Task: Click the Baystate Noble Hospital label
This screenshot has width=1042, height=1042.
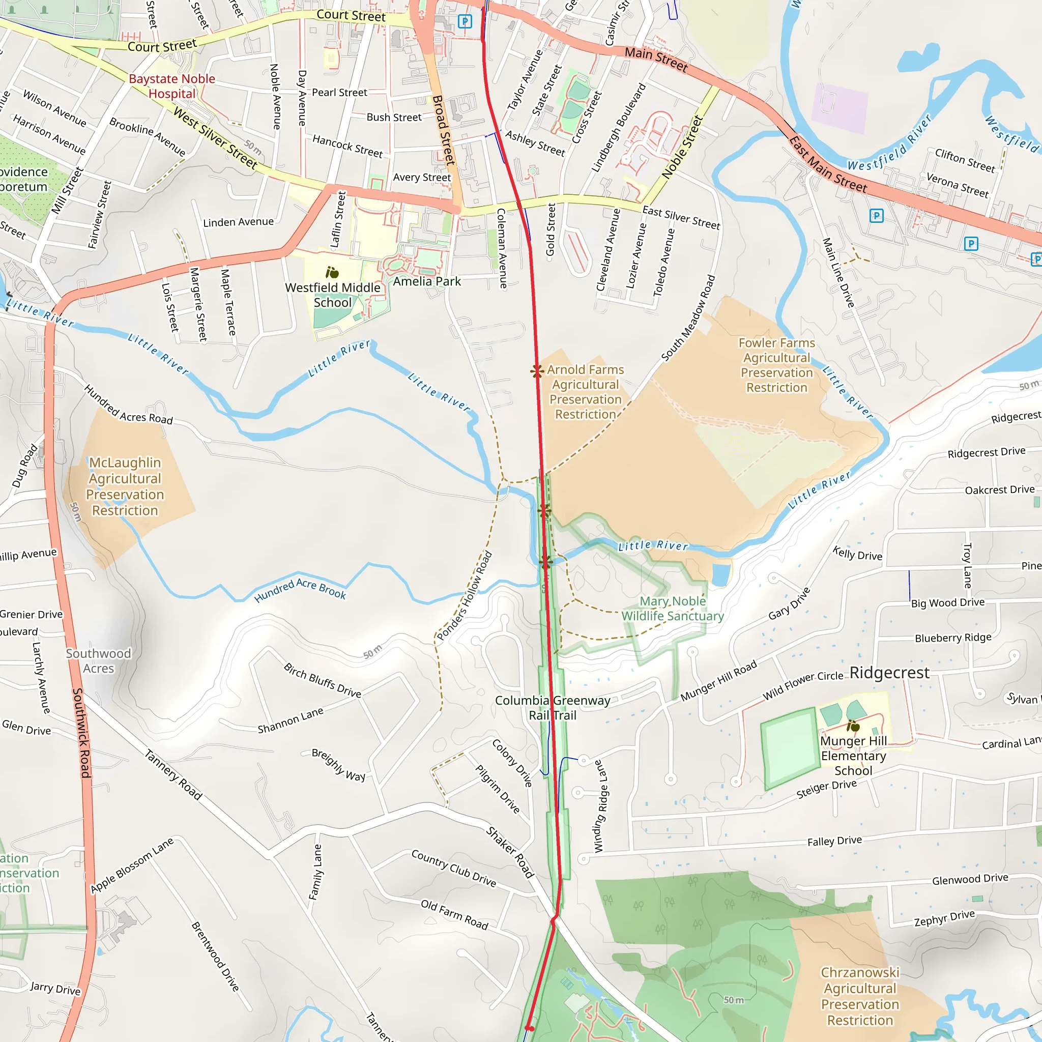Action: tap(171, 86)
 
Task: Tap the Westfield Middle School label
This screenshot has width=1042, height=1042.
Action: tap(332, 295)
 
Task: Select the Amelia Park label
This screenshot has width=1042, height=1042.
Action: tap(426, 281)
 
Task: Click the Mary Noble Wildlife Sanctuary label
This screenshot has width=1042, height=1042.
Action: tap(672, 609)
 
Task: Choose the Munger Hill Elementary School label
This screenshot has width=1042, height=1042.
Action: tap(853, 756)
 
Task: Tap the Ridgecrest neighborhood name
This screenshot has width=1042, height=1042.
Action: tap(889, 673)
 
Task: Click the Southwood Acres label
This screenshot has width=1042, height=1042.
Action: tap(98, 661)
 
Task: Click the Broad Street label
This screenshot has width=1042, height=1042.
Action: tap(443, 130)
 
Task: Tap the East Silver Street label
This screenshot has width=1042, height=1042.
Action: tap(681, 217)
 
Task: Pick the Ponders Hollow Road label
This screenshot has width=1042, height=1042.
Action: tap(465, 595)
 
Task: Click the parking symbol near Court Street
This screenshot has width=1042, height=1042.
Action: tap(465, 21)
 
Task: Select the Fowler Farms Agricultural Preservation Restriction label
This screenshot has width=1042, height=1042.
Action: tap(776, 365)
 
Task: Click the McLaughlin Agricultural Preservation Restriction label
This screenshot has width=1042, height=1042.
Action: tap(125, 486)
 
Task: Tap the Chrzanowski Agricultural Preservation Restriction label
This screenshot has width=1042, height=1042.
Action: tap(860, 996)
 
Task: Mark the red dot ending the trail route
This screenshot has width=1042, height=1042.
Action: tap(529, 1028)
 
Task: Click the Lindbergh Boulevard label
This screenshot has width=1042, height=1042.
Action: tap(618, 128)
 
